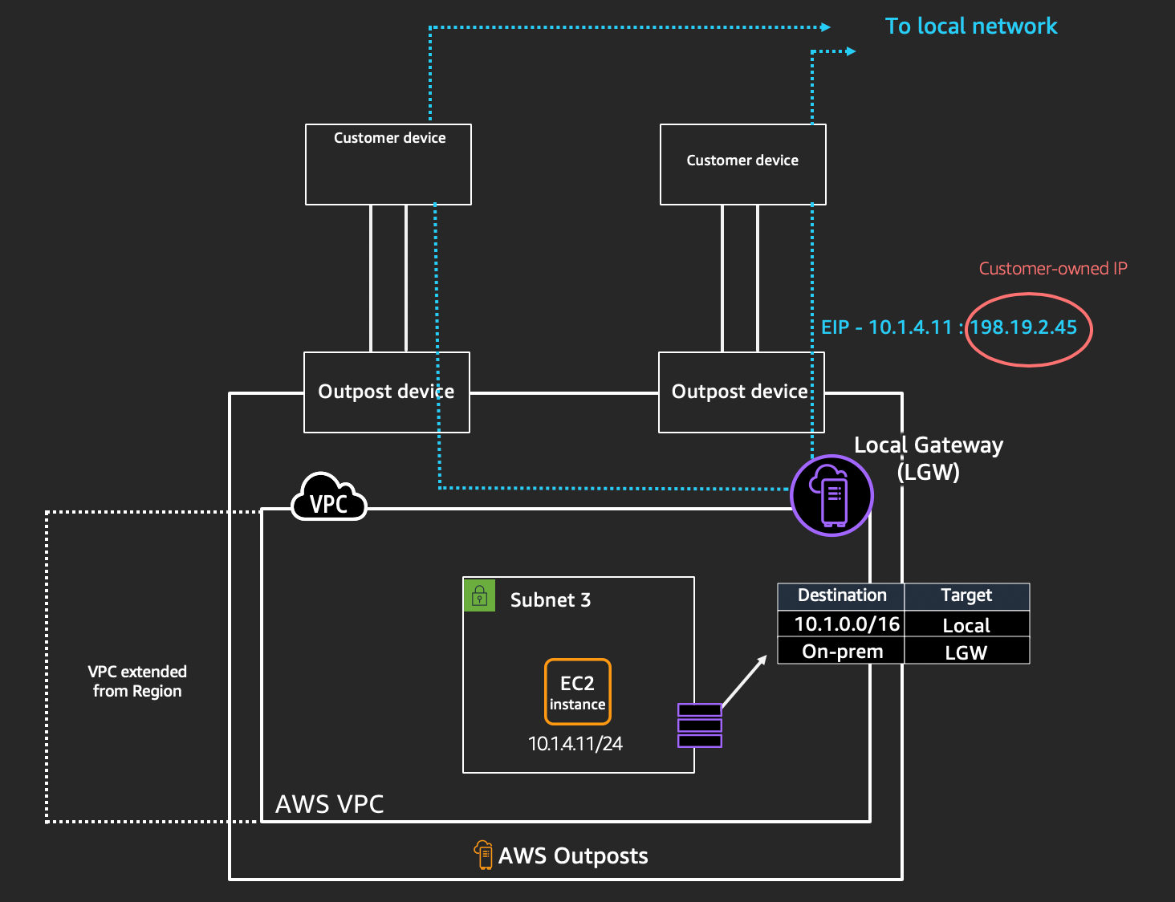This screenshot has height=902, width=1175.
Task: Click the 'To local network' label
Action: (x=970, y=26)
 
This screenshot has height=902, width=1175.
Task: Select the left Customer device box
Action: (x=388, y=165)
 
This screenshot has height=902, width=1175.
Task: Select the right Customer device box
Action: (x=742, y=165)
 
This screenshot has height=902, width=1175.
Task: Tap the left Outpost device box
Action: (x=386, y=392)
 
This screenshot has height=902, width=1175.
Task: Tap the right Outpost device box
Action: (x=740, y=392)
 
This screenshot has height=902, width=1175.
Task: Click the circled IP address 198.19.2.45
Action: (x=1023, y=327)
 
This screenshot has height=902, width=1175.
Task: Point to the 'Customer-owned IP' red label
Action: (x=1053, y=269)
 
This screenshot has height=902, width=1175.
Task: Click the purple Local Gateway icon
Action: (x=831, y=495)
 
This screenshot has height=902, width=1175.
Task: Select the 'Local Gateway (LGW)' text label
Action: (x=929, y=457)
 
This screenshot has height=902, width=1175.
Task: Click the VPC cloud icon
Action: (x=329, y=498)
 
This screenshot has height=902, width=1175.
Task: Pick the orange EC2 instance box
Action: (x=578, y=692)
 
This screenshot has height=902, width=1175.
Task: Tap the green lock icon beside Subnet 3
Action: (x=479, y=595)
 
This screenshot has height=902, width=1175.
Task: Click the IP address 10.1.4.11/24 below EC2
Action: (x=575, y=744)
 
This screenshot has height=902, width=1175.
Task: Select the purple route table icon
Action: (x=699, y=725)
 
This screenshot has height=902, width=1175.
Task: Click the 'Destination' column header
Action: (x=842, y=595)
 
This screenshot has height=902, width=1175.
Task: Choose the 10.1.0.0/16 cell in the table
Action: (x=846, y=624)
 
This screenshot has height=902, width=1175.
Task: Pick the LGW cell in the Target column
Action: (x=966, y=652)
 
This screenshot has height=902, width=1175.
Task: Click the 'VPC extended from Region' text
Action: (x=137, y=681)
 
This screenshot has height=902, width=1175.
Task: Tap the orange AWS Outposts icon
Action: (x=483, y=855)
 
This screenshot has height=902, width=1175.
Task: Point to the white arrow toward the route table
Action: (x=744, y=681)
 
